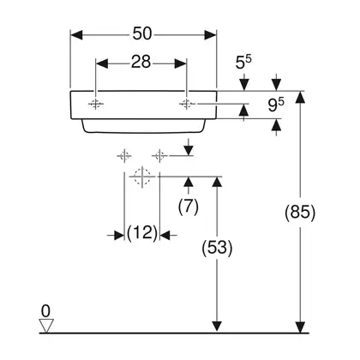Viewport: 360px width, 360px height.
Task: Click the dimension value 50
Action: pyautogui.click(x=141, y=33)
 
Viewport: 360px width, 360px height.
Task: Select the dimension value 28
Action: pyautogui.click(x=141, y=62)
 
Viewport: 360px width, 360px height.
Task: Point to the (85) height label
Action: pyautogui.click(x=300, y=213)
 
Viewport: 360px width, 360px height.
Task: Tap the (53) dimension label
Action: pyautogui.click(x=217, y=248)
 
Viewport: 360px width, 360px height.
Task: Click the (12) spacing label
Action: pyautogui.click(x=142, y=233)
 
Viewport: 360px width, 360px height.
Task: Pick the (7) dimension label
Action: pyautogui.click(x=189, y=207)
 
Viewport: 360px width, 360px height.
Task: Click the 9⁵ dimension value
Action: pyautogui.click(x=276, y=105)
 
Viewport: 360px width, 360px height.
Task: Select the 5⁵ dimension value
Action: pyautogui.click(x=243, y=62)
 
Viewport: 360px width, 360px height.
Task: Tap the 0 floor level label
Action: pyautogui.click(x=45, y=311)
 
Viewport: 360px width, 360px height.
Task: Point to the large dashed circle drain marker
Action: pyautogui.click(x=142, y=177)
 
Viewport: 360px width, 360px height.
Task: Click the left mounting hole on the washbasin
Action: pyautogui.click(x=95, y=104)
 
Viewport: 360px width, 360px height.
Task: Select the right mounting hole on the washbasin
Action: pyautogui.click(x=187, y=104)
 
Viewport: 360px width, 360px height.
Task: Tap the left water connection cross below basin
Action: pyautogui.click(x=124, y=156)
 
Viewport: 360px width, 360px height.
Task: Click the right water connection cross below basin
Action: pyautogui.click(x=159, y=156)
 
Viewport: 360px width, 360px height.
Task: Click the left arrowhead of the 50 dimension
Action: pyautogui.click(x=76, y=35)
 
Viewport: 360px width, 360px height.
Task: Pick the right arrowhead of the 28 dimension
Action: pyautogui.click(x=181, y=63)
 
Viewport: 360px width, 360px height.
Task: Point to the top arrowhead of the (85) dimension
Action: pyautogui.click(x=300, y=97)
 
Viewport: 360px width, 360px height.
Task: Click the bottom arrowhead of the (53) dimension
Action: pyautogui.click(x=217, y=327)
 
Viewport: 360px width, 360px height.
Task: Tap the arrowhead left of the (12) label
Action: pyautogui.click(x=118, y=236)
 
